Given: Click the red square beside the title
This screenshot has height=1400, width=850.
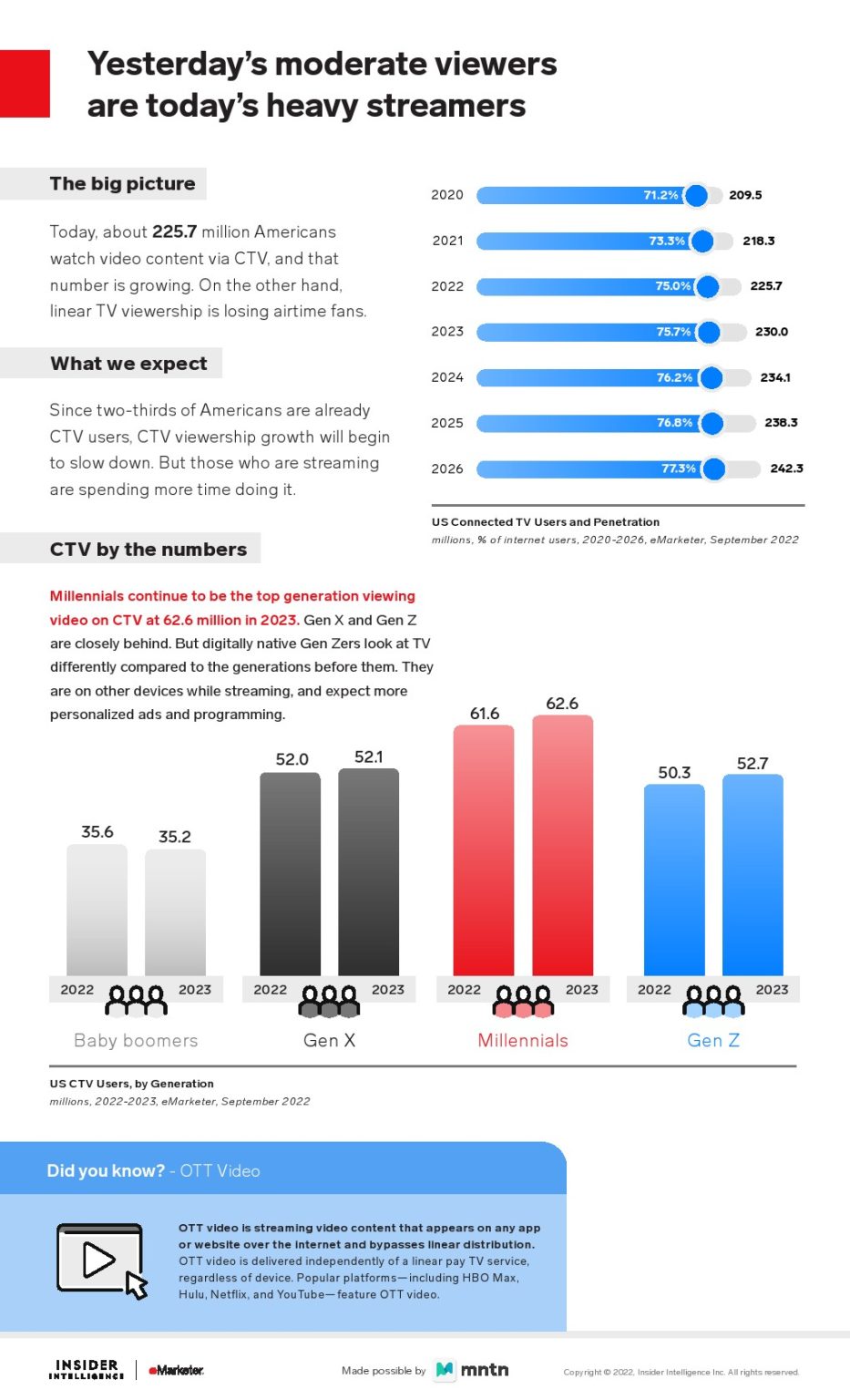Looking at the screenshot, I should [25, 84].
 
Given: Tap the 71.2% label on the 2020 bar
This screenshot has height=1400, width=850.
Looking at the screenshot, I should [661, 195].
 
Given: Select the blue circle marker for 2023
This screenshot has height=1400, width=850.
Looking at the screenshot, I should [708, 332].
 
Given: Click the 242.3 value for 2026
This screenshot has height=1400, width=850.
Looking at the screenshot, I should [786, 468].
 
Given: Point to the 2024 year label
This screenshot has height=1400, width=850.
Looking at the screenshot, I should [447, 377].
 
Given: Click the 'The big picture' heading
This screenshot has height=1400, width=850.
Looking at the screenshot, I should [122, 183].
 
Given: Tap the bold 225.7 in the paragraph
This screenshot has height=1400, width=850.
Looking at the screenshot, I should [174, 232].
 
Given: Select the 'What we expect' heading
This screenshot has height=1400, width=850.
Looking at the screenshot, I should [128, 364].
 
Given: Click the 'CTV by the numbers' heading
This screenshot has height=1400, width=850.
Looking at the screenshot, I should [148, 550].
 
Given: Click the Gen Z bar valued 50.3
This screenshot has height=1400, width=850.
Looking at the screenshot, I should [674, 880].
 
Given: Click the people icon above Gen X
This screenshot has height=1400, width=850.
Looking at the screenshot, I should [329, 1001].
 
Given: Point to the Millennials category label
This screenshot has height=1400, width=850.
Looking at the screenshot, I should [523, 1041].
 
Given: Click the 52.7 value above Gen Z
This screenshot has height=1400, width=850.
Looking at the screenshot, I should [753, 764].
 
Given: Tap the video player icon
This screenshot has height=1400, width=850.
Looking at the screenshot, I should [101, 1260].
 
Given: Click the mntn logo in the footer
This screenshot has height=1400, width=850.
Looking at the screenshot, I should [472, 1370].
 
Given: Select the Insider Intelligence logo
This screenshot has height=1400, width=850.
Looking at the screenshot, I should [87, 1369].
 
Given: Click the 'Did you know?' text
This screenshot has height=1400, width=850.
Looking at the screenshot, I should [106, 1171].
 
